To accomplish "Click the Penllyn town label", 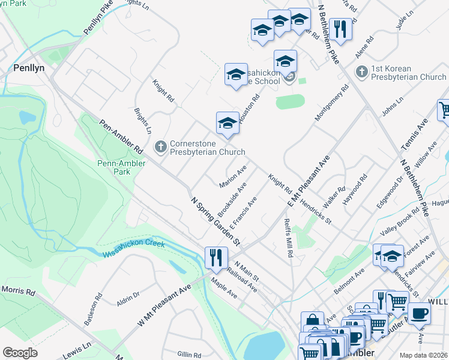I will [x=28, y=69].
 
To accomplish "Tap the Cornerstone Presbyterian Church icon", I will [x=160, y=146].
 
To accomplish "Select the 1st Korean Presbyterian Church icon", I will [x=361, y=73].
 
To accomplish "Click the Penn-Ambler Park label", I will [x=114, y=167].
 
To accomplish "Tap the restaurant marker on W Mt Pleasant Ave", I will [x=214, y=258].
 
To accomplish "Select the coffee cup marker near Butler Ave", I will [x=419, y=313].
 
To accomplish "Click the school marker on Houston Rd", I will [x=228, y=123].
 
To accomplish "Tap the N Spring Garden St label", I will [x=215, y=221].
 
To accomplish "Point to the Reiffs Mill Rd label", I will [x=289, y=238].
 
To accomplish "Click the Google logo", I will [x=20, y=352].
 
